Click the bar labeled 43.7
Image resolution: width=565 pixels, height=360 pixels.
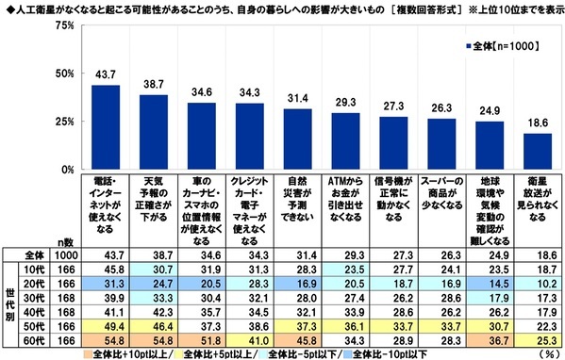105,127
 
